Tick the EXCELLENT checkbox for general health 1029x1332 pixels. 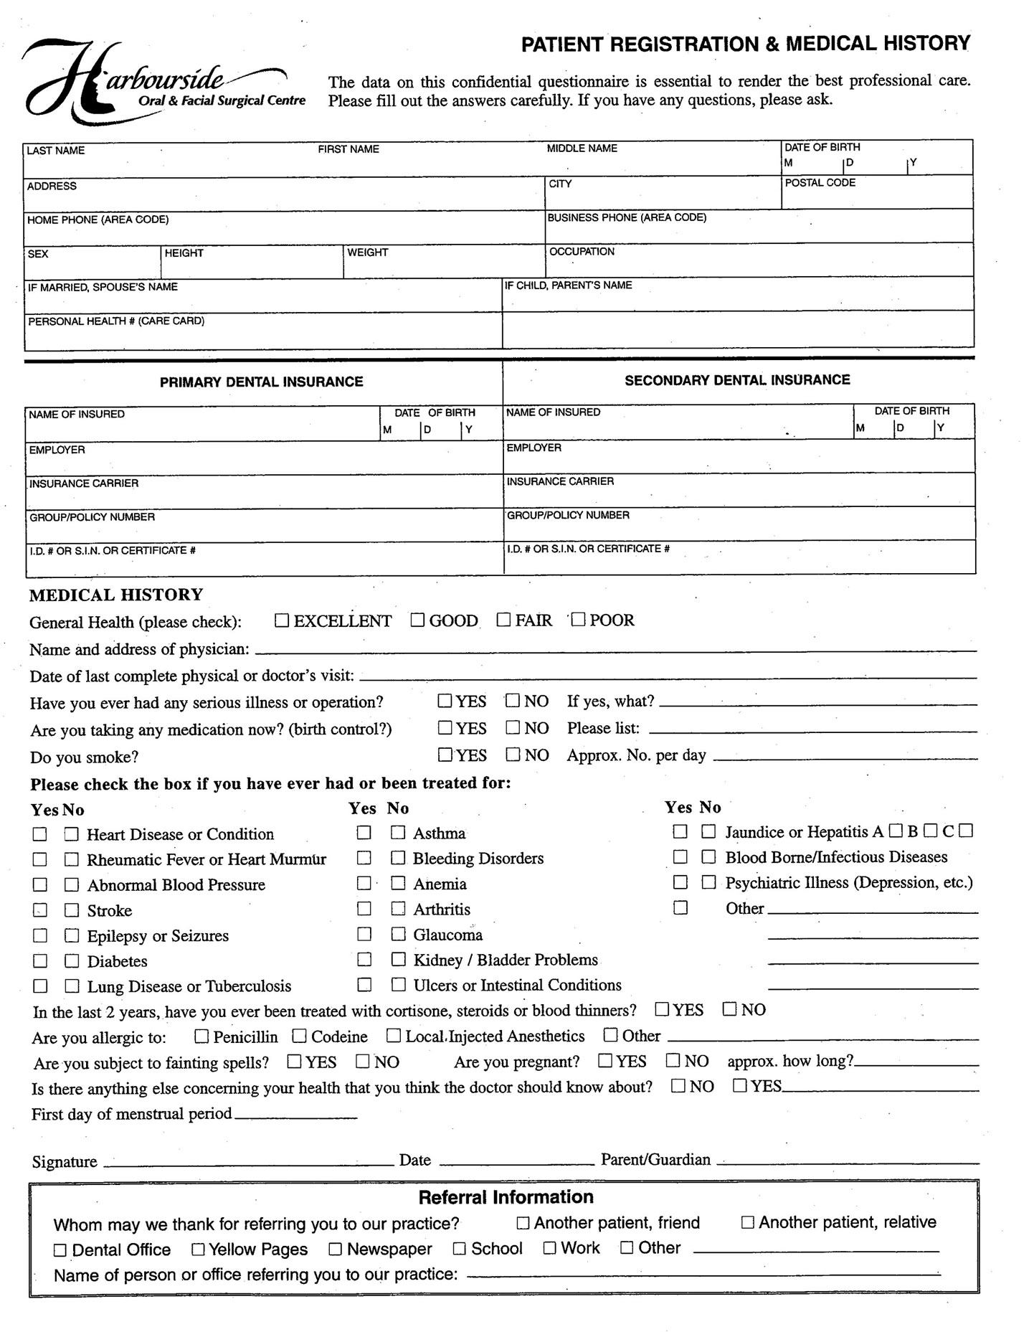[x=282, y=620]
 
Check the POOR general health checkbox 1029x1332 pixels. [x=578, y=619]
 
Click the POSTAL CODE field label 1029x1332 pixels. [x=820, y=183]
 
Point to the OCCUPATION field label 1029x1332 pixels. [x=582, y=252]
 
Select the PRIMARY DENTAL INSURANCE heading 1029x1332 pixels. [x=261, y=382]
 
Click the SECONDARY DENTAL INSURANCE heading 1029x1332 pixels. [x=737, y=380]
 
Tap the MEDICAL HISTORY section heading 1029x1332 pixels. [x=116, y=595]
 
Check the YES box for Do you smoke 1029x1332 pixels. [x=445, y=755]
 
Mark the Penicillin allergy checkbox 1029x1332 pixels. [x=201, y=1036]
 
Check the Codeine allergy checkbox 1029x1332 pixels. [x=300, y=1036]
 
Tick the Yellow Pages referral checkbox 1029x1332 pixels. [x=198, y=1250]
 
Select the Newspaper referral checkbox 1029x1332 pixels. [x=335, y=1250]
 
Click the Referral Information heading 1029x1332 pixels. [x=506, y=1197]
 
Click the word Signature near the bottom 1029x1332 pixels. [x=65, y=1162]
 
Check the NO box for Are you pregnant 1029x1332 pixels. [x=673, y=1060]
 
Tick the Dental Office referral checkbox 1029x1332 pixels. [x=60, y=1250]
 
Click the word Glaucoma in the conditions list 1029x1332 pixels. [x=447, y=935]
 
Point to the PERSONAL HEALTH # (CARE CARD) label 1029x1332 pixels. [x=116, y=321]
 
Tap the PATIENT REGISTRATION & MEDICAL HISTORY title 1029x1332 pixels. [x=745, y=44]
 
